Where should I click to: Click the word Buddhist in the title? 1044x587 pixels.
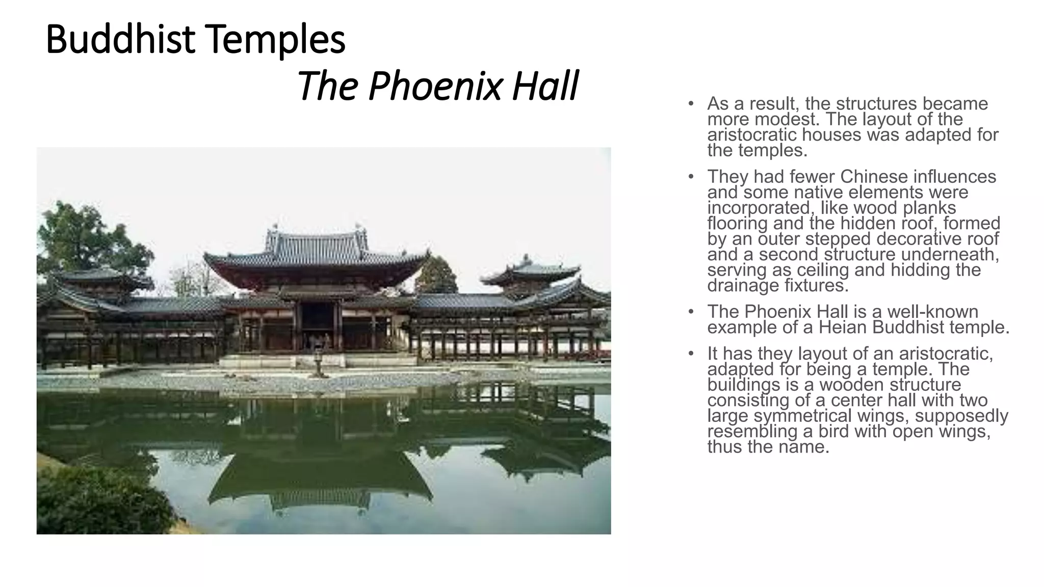[x=120, y=40]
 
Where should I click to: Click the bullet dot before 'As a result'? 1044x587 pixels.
[x=691, y=104]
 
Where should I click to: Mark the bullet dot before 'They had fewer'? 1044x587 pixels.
[x=691, y=177]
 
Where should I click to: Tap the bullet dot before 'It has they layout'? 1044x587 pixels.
[x=691, y=354]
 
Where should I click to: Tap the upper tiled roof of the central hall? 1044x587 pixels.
[x=316, y=244]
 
